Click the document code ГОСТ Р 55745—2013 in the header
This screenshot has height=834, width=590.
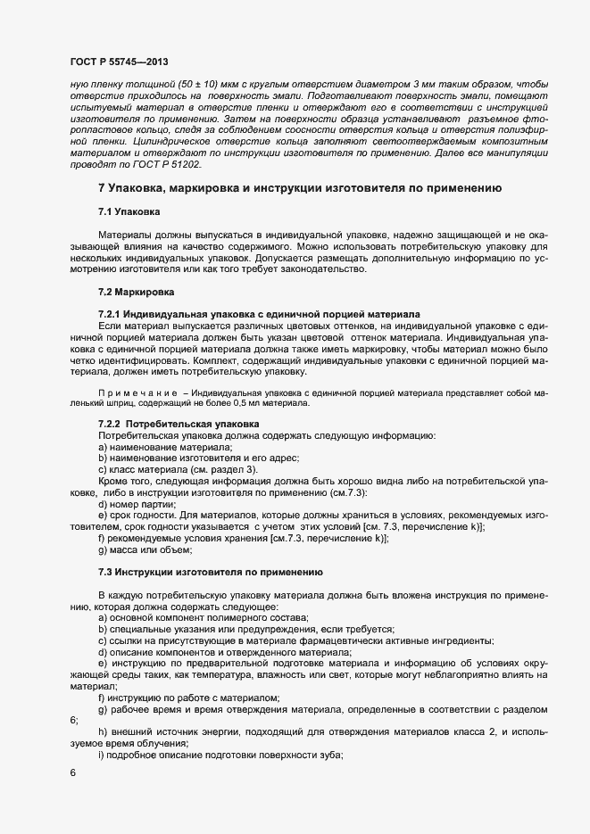tap(119, 62)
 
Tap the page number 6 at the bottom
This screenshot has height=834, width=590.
tap(72, 773)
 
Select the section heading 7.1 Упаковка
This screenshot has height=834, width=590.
tap(129, 212)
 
